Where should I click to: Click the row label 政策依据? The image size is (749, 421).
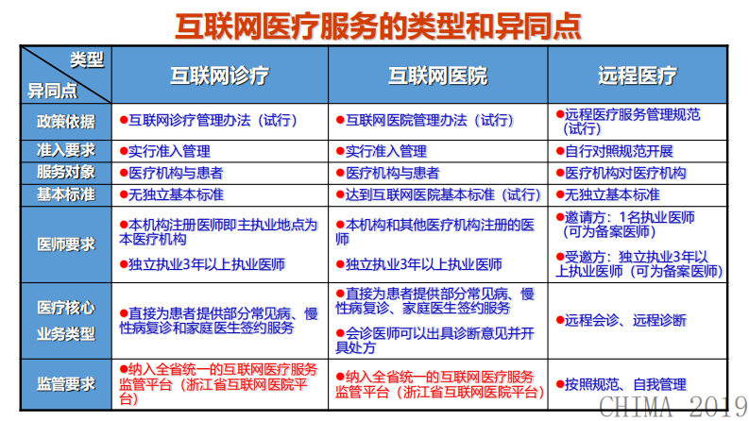click(65, 121)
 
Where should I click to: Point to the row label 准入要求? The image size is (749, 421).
click(65, 151)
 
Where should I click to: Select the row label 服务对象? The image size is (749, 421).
click(65, 173)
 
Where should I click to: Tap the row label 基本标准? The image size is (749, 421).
click(65, 194)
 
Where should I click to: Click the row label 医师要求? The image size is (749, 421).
click(65, 244)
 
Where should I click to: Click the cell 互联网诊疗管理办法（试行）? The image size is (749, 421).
click(213, 121)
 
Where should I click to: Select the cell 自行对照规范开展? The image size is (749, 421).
click(619, 151)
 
